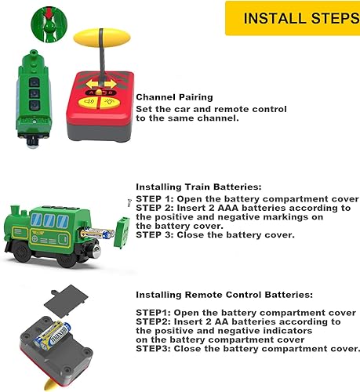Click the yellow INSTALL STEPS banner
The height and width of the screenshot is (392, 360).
point(293,18)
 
